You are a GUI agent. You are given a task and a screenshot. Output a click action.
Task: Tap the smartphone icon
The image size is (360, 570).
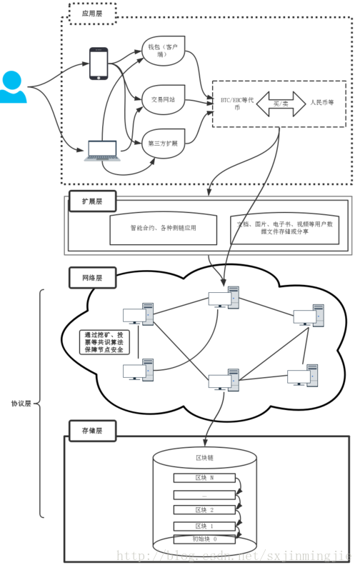pos(98,64)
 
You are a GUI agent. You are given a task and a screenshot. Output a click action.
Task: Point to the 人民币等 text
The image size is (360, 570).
pos(326,103)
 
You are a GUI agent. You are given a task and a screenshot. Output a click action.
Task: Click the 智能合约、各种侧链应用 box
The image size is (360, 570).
pos(163,228)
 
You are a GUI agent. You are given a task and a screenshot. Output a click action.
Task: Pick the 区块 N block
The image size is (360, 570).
pos(204,477)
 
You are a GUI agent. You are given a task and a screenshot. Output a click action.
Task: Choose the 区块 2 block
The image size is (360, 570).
pos(204,509)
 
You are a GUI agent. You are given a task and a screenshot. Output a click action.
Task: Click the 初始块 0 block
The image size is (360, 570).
pos(204,539)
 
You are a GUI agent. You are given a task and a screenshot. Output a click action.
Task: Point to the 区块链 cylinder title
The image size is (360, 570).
pos(205,458)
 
